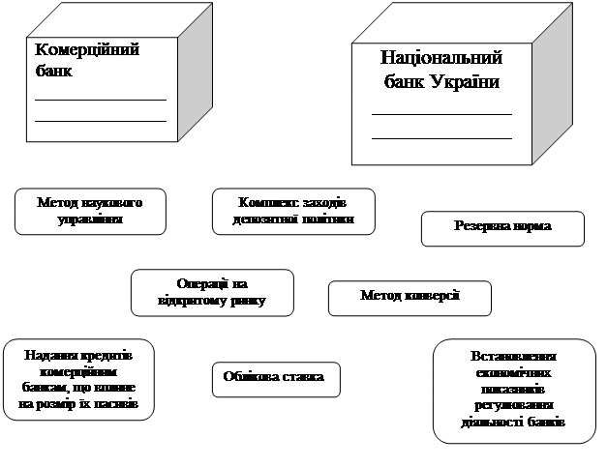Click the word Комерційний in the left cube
coord(87,50)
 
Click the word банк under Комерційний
coord(54,71)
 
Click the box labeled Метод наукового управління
coord(90,212)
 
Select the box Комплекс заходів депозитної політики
coord(293,212)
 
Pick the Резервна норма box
coord(502,227)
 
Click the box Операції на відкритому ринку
coord(212,293)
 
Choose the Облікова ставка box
coord(274,377)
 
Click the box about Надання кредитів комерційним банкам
coord(77,379)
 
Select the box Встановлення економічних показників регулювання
coord(513,390)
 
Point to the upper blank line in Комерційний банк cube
coord(100,99)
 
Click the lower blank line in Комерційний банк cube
coord(100,119)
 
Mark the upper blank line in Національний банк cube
coord(441,114)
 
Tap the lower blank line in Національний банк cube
coord(441,138)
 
